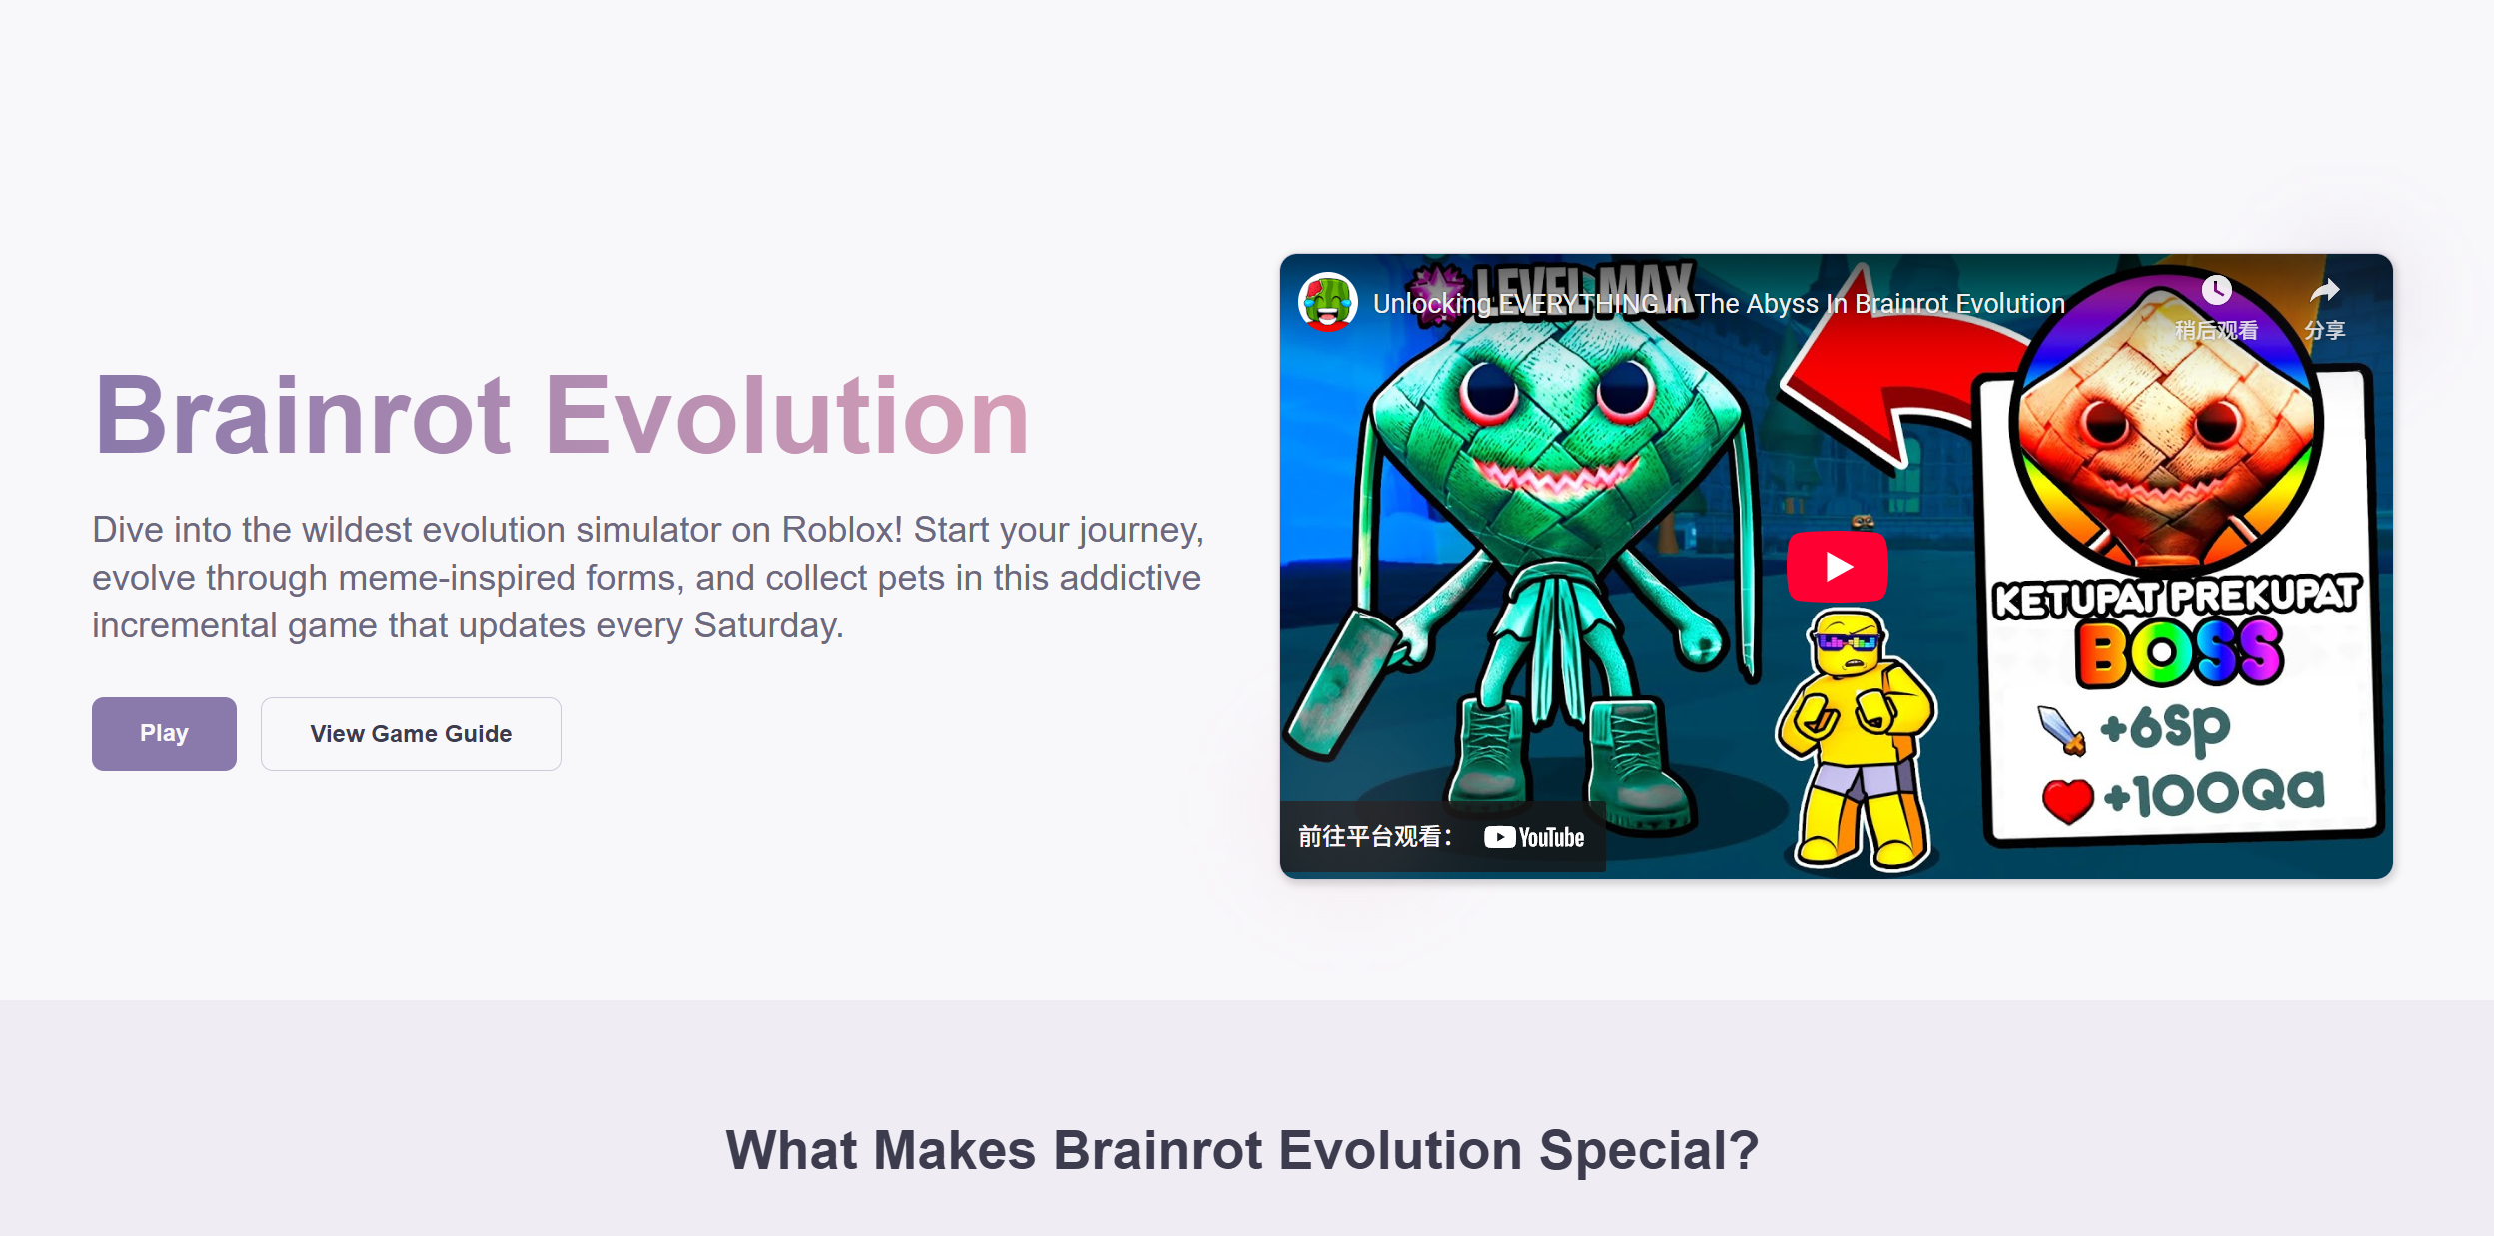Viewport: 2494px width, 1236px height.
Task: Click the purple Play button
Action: [x=164, y=733]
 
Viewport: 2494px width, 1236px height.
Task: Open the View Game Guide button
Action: [x=411, y=733]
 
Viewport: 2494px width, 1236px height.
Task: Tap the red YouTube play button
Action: [x=1837, y=567]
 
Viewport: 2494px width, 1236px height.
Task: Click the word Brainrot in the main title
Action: [x=302, y=416]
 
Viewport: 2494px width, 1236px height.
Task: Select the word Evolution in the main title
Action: [x=786, y=416]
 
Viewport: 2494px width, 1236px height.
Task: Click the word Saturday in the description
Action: [x=767, y=625]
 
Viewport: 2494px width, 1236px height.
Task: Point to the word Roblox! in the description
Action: [x=841, y=530]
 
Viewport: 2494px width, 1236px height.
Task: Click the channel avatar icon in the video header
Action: [x=1327, y=302]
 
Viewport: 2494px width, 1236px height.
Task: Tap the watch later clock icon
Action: [x=2216, y=291]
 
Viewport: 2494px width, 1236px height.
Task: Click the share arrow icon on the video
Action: [x=2324, y=291]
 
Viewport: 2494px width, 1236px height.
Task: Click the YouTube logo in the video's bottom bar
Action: [x=1534, y=837]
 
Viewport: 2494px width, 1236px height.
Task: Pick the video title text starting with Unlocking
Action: [x=1719, y=304]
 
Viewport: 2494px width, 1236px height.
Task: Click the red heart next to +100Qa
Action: [x=2067, y=799]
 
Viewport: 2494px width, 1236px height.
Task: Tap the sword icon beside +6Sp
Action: [x=2061, y=730]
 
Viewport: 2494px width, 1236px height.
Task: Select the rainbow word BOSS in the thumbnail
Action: [x=2179, y=653]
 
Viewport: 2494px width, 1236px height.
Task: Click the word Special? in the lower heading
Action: [x=1648, y=1150]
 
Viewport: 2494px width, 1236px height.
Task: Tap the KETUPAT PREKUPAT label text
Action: [x=2175, y=597]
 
